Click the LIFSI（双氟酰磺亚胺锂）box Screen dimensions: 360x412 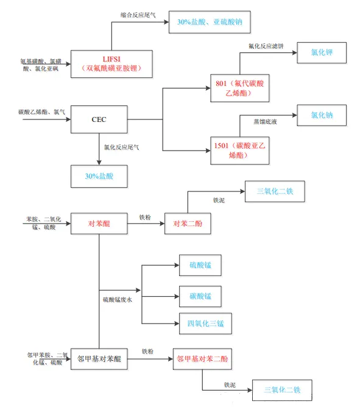[x=111, y=64]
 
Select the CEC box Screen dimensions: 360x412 [x=99, y=119]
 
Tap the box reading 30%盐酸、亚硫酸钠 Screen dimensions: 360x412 [x=210, y=22]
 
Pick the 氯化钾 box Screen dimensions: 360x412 [x=322, y=52]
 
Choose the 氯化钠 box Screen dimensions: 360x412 [x=322, y=115]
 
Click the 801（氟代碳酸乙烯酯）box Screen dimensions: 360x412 [x=240, y=88]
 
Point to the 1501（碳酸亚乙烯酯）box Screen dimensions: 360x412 [x=240, y=151]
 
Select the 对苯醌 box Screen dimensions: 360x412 [x=99, y=223]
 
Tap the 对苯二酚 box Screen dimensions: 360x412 [x=188, y=223]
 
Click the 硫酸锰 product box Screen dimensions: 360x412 [x=200, y=265]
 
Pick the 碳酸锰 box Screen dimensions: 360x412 [x=200, y=296]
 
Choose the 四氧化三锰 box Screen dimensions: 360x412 [x=205, y=324]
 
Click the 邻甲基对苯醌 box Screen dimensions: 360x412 [x=99, y=359]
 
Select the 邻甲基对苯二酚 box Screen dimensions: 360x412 [x=202, y=359]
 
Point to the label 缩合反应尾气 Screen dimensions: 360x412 [x=138, y=15]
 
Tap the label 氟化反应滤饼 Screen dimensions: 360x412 [x=266, y=46]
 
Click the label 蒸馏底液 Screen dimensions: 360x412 [x=265, y=122]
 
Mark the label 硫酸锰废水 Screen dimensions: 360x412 [x=118, y=299]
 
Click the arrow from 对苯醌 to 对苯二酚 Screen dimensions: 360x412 [x=146, y=224]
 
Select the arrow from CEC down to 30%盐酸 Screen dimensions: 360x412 [x=99, y=149]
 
